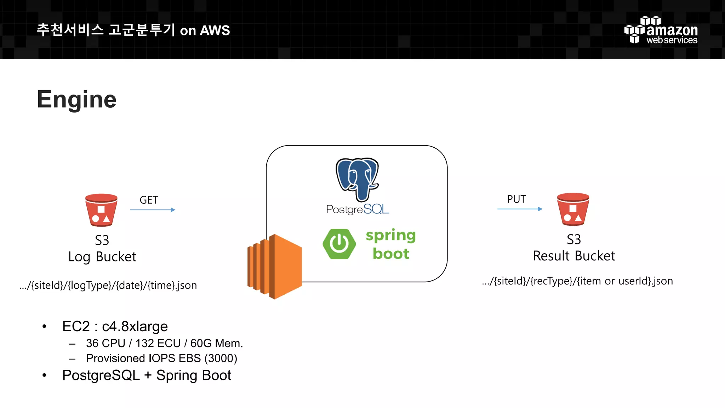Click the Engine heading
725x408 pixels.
76,100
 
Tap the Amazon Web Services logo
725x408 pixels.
661,30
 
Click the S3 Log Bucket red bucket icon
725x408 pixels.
101,210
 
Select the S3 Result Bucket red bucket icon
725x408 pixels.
573,209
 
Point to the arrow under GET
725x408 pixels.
153,210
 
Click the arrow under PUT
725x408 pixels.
520,209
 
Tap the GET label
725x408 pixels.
149,200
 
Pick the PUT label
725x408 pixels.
516,199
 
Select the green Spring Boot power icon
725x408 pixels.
339,244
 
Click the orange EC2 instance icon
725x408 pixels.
274,266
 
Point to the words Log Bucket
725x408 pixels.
102,257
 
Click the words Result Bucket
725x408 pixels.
574,256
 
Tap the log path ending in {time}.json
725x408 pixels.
108,285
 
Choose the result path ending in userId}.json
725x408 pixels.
577,281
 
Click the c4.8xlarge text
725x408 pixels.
135,327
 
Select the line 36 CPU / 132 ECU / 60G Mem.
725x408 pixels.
164,343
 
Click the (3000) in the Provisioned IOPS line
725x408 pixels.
221,358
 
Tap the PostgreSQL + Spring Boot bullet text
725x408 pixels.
147,375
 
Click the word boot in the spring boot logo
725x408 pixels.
391,254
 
